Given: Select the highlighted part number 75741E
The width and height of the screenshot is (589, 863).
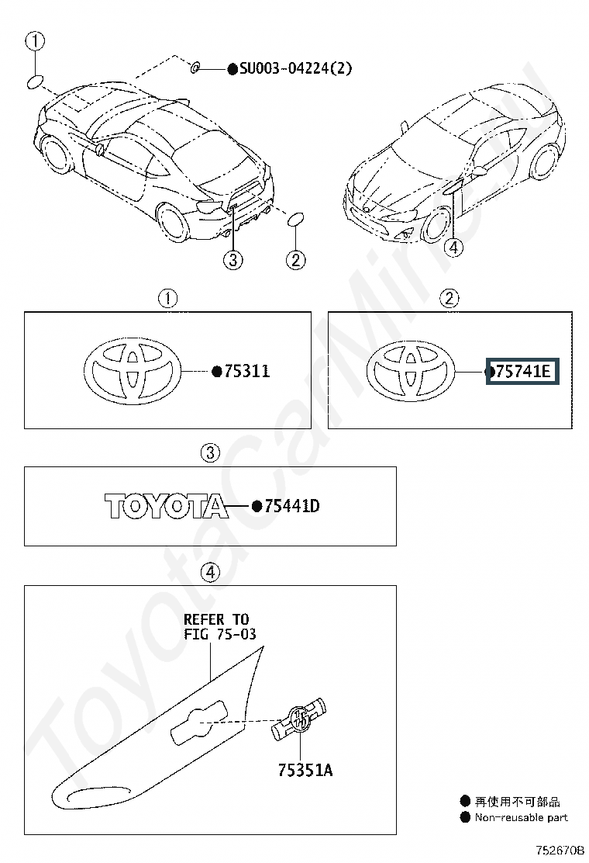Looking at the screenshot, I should click(x=522, y=373).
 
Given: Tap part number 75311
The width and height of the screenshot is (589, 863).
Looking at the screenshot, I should click(x=246, y=371).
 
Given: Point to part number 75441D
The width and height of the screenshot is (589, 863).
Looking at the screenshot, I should click(x=291, y=507).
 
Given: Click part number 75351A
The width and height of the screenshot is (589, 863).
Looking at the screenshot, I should click(x=305, y=770).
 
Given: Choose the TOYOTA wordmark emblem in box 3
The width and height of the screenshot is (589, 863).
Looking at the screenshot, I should click(x=167, y=506).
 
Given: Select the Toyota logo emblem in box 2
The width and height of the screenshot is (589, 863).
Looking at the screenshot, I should click(x=412, y=371).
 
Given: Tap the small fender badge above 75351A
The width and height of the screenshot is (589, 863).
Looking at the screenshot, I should click(x=301, y=719).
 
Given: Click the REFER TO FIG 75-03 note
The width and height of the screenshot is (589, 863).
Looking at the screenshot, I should click(x=218, y=626).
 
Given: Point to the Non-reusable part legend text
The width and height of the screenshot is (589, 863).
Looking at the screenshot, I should click(x=521, y=817).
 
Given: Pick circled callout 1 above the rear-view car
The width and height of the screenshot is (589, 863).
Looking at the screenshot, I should click(x=36, y=40).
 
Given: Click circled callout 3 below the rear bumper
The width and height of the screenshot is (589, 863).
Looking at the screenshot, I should click(x=233, y=260).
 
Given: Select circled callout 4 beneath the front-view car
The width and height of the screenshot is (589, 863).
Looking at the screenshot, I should click(x=454, y=248).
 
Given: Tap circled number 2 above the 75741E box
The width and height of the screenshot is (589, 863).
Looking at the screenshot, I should click(x=449, y=297).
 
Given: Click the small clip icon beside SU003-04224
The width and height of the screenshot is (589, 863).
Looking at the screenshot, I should click(x=196, y=68).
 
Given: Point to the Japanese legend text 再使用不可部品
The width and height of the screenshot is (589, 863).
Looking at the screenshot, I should click(x=517, y=802).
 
